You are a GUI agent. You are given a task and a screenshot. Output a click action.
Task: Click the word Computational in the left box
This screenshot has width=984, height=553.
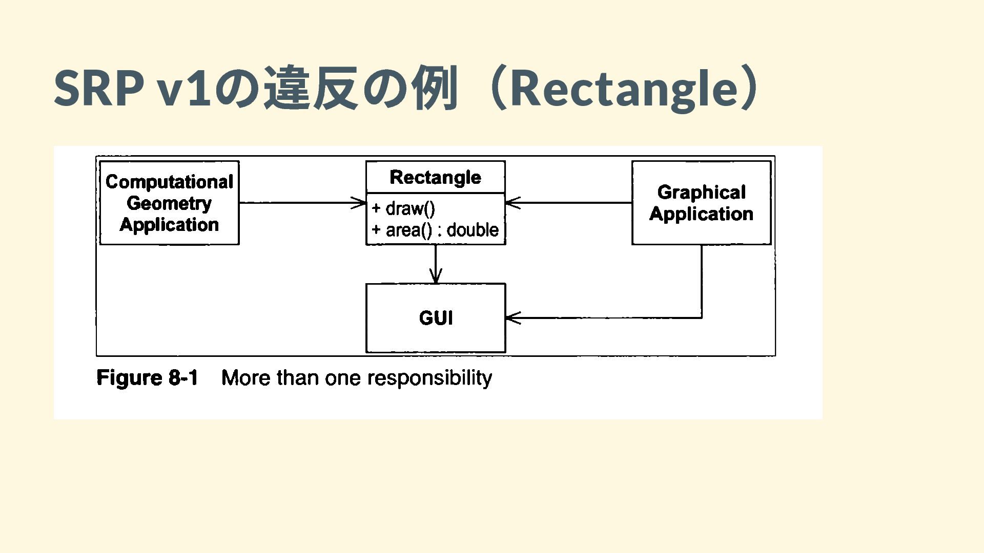tap(169, 182)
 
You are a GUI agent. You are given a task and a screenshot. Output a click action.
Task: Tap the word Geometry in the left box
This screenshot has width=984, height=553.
tap(169, 203)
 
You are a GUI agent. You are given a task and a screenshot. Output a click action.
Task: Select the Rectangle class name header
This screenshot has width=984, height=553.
tap(435, 177)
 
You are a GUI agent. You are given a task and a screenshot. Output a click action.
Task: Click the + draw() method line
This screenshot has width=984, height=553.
tap(403, 208)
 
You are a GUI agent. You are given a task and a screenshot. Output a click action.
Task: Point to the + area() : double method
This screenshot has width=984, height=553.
tap(435, 230)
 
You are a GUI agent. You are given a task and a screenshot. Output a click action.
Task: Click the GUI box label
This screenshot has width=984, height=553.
tap(436, 318)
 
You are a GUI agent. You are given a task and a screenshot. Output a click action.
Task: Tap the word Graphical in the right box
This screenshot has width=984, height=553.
tap(701, 193)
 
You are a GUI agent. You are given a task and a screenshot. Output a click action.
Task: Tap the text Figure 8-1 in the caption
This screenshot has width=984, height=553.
tap(147, 378)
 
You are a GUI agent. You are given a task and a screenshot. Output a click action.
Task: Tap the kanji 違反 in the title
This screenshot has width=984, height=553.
tap(310, 88)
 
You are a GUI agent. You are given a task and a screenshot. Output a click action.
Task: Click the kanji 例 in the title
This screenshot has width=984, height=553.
tap(435, 88)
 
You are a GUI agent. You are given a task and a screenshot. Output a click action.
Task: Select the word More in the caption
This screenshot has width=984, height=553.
tap(246, 378)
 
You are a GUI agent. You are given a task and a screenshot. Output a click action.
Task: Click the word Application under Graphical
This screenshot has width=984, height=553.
tap(701, 214)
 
